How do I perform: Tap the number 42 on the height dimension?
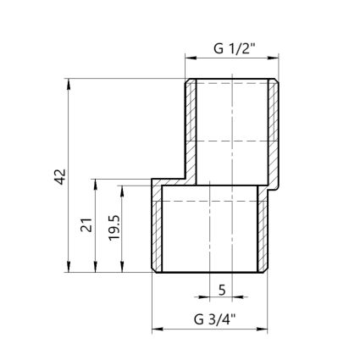coord(58,176)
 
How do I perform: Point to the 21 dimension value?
coord(86,225)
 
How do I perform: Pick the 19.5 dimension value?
coord(114,230)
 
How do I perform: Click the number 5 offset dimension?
coord(222,289)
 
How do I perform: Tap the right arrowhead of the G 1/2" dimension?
coord(275,58)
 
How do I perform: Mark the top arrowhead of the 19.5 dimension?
coord(124,192)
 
